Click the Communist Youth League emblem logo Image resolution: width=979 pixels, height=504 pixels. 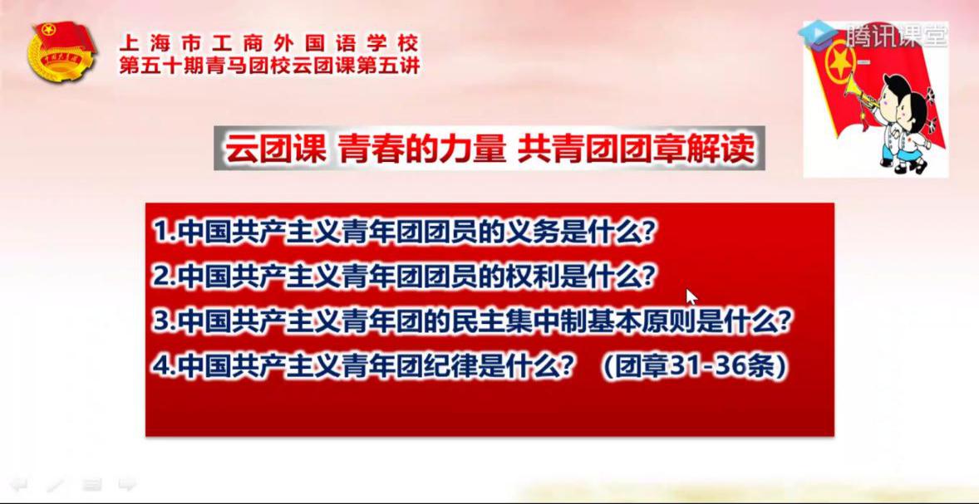[x=61, y=51]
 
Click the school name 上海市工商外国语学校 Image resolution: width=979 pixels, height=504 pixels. [x=269, y=44]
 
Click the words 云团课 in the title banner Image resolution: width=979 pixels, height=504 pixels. [x=275, y=149]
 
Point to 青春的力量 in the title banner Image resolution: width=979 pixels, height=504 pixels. [x=423, y=149]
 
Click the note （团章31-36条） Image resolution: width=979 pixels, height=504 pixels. [x=693, y=367]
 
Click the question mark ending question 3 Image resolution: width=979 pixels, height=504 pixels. [x=786, y=322]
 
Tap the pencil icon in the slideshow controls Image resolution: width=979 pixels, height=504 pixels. [x=56, y=484]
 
